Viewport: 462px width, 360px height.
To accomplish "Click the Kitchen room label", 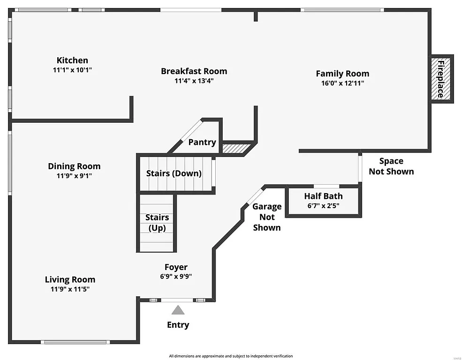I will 72,60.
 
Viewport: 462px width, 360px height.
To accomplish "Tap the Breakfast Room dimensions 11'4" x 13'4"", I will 194,81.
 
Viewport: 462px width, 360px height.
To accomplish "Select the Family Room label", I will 342,74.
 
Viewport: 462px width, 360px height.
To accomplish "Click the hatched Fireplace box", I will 441,79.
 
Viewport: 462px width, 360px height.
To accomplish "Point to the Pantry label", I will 202,142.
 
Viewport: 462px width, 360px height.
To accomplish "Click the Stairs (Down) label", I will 174,173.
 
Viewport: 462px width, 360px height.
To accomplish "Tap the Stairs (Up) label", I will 157,223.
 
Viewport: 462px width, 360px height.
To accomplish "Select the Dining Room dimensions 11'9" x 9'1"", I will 74,176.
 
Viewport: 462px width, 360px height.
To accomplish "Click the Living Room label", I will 70,280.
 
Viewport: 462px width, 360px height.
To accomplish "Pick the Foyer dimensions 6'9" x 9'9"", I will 175,277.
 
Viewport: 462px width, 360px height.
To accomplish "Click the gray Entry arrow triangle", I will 178,310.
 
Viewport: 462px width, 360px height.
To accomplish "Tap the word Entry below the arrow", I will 178,325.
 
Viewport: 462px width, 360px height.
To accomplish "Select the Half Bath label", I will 323,196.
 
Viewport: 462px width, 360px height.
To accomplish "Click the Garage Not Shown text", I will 267,217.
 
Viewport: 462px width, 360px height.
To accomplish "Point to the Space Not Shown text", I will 391,166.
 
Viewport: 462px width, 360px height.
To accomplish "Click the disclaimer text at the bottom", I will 231,356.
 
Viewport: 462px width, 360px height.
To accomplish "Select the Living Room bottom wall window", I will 76,342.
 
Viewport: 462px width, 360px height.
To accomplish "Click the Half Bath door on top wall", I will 326,186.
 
